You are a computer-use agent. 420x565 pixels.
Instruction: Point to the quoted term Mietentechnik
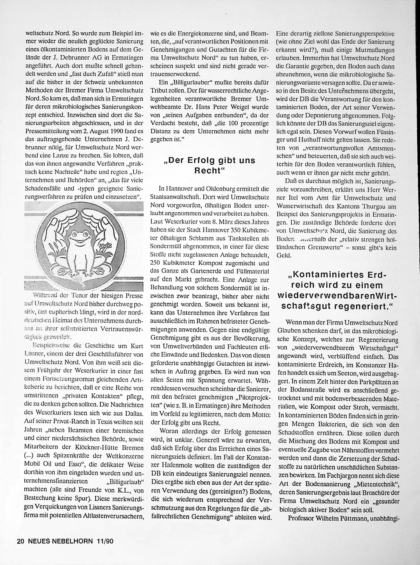tap(377, 482)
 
